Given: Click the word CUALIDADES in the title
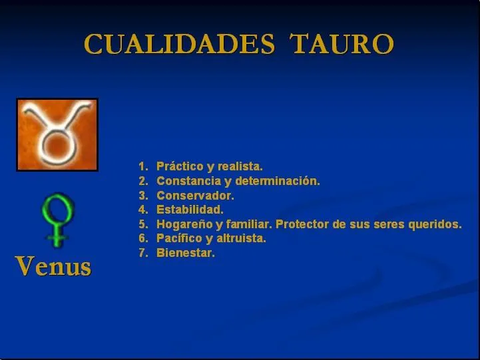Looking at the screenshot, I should click(179, 45).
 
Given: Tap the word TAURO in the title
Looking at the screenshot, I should click(343, 45).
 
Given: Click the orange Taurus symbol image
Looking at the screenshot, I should click(57, 134).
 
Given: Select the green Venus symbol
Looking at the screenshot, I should click(57, 220).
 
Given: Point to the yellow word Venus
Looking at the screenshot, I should click(53, 266).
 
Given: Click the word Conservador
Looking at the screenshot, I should click(195, 196).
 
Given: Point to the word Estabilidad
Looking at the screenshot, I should click(190, 210).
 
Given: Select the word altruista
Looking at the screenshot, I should click(242, 238).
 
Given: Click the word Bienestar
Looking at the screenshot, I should click(186, 253).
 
